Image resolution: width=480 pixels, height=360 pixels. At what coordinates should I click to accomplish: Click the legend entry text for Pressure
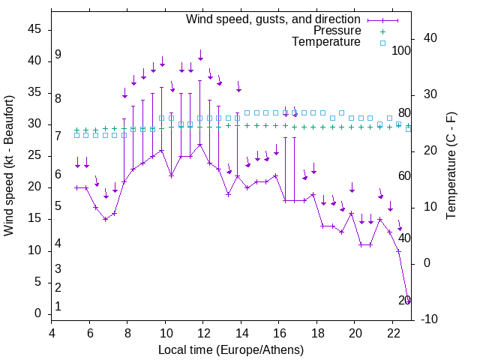coord(337,31)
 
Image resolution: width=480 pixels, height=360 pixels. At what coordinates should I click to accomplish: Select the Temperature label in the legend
coord(326,42)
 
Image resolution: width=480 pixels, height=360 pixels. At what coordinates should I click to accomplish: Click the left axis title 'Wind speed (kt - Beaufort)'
coord(9,165)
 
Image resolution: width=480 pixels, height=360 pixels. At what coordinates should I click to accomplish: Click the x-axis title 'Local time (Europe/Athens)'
coord(231,349)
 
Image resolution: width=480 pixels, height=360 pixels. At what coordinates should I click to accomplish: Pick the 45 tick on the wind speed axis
coord(34,29)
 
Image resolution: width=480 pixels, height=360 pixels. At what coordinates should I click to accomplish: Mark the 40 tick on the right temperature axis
coord(423,38)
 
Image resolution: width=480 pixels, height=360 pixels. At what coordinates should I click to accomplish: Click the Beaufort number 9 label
coord(58,55)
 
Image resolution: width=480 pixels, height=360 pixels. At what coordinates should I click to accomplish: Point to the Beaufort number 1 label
coord(58,307)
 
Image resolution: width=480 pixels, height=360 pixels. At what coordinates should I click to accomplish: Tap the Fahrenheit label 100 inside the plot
coord(401,50)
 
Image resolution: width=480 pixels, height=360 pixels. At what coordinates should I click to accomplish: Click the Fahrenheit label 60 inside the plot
coord(404,175)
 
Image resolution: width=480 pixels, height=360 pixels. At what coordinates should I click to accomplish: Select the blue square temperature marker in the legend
coord(382,43)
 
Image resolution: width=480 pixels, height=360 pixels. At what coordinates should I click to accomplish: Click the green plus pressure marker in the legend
coord(382,31)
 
